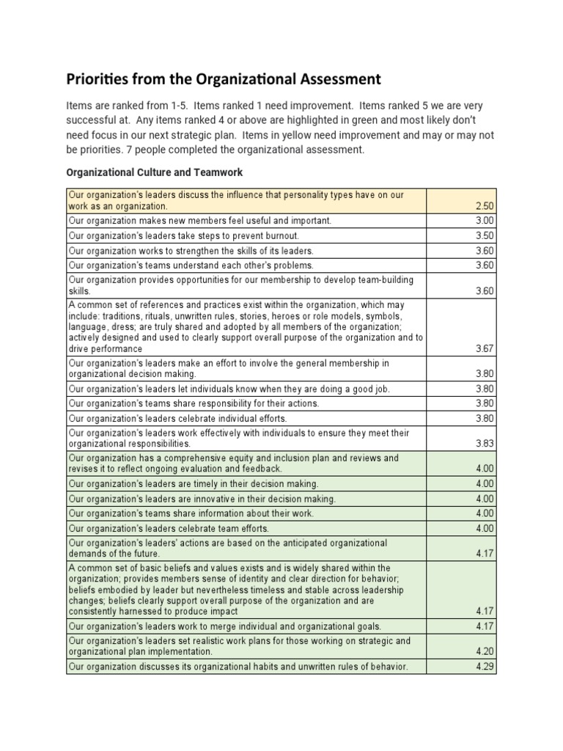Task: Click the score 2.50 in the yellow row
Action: point(485,207)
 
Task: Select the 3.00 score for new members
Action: point(485,220)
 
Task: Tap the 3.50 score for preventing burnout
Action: point(485,236)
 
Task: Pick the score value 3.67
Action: point(485,349)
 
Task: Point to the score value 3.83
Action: point(485,444)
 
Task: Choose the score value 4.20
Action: point(485,651)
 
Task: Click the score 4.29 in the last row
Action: point(485,667)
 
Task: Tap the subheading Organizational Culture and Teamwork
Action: point(154,173)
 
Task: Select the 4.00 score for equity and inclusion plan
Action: point(485,469)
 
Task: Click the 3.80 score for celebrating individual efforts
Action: point(485,419)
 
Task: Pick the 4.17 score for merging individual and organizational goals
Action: point(485,626)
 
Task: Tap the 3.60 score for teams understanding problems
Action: point(485,265)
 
